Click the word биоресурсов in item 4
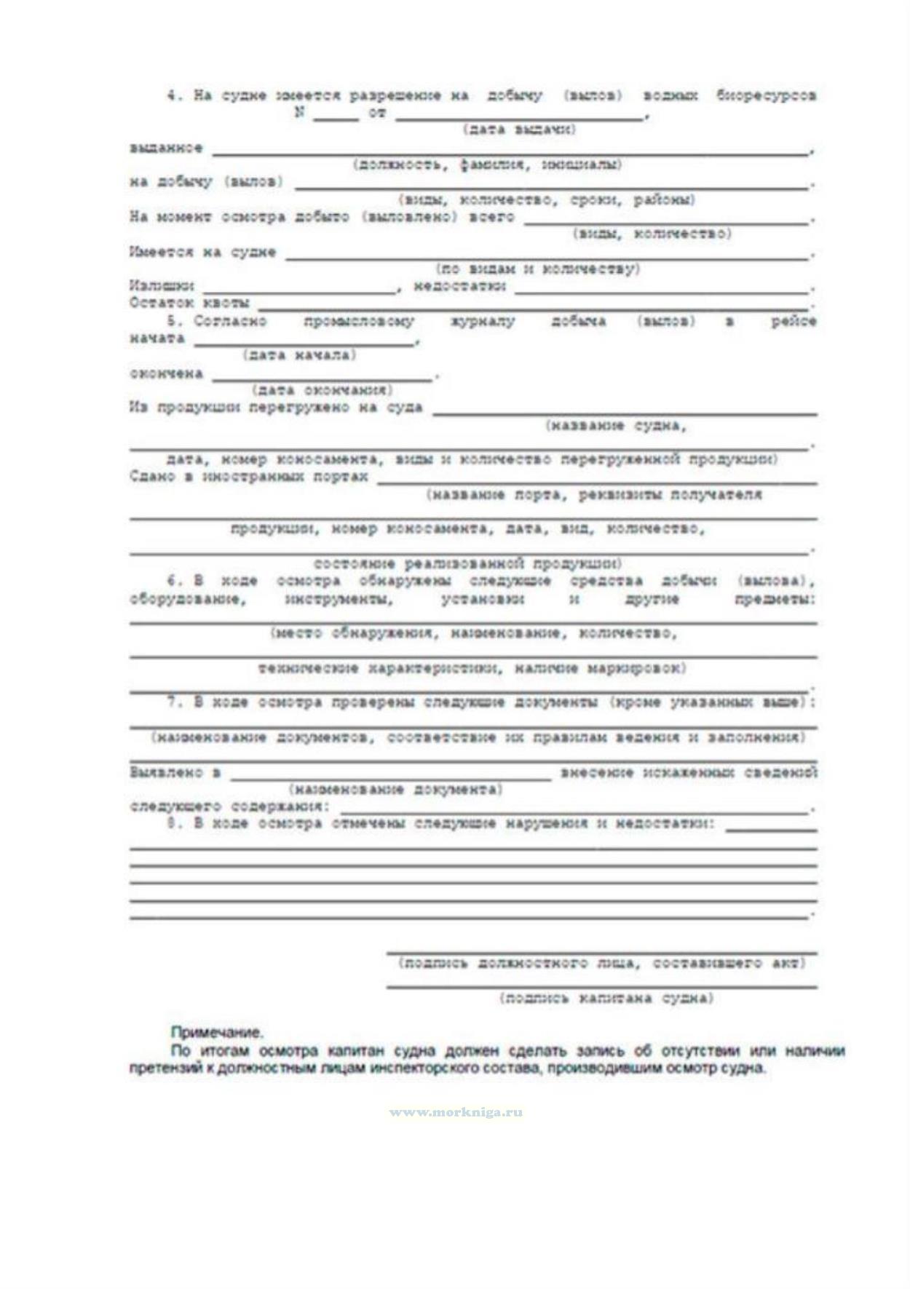click(x=766, y=95)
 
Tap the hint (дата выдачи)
click(x=519, y=130)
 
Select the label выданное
click(x=166, y=148)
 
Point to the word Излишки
click(x=162, y=286)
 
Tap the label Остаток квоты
click(x=189, y=303)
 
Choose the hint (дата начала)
click(x=299, y=355)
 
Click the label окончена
click(x=166, y=373)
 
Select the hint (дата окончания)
click(x=323, y=390)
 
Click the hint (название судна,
click(x=616, y=426)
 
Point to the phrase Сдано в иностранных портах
click(x=248, y=477)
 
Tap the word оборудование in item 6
click(x=188, y=600)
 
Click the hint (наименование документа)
click(x=395, y=790)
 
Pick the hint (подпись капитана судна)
click(x=606, y=998)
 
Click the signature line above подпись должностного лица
click(x=601, y=951)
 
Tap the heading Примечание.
click(x=217, y=1032)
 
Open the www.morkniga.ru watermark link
click(x=456, y=1112)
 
